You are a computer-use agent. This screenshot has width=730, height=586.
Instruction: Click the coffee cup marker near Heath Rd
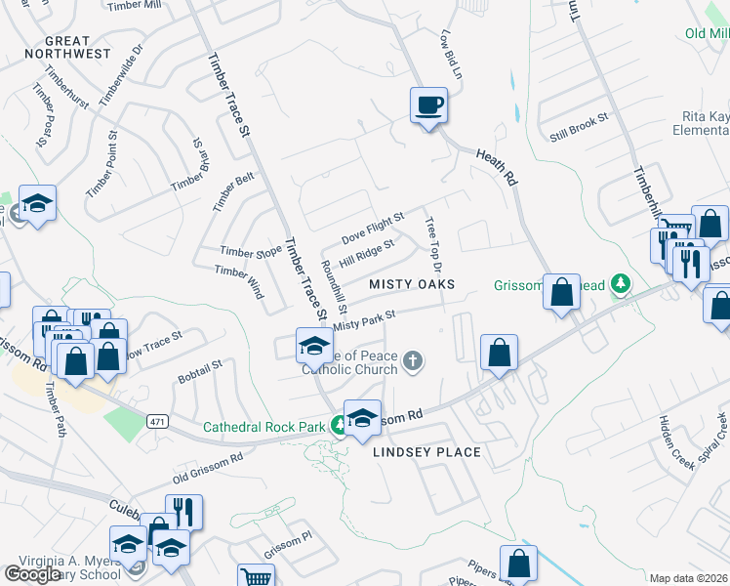click(x=428, y=105)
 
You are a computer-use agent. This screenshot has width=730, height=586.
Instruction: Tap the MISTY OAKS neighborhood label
click(x=413, y=283)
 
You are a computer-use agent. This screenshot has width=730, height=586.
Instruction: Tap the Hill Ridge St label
click(x=366, y=256)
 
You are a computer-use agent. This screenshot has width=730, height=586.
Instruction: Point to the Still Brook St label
click(x=579, y=125)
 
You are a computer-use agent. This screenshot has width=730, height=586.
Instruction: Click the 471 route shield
click(x=156, y=421)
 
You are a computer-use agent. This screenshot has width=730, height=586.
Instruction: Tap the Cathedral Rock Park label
click(x=264, y=427)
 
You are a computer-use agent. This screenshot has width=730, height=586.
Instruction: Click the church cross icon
click(x=413, y=362)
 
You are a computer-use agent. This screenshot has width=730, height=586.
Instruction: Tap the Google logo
click(x=32, y=574)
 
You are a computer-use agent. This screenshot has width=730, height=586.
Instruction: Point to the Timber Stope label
click(x=251, y=252)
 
